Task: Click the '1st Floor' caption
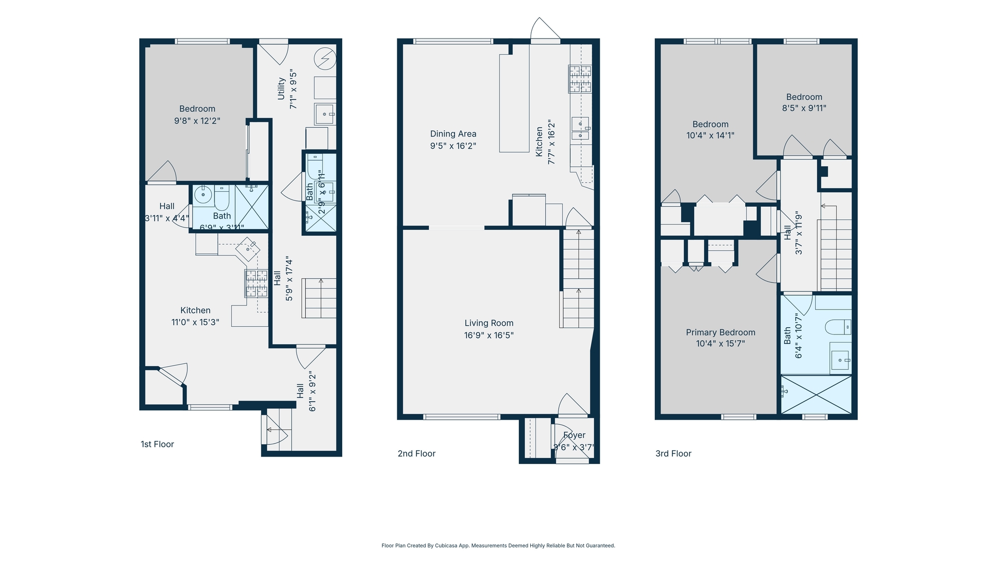[157, 444]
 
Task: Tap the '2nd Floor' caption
[416, 453]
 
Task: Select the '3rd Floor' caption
[673, 453]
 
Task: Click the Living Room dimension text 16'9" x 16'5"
[489, 335]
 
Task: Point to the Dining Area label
[453, 133]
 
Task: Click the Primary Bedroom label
[720, 332]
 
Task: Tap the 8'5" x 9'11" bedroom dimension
[804, 108]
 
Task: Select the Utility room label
[281, 88]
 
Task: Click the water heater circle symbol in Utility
[326, 59]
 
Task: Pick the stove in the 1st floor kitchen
[256, 283]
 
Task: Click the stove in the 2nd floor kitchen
[580, 79]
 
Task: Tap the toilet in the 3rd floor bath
[838, 327]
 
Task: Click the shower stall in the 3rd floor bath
[816, 395]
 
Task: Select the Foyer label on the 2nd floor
[574, 435]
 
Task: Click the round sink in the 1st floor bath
[203, 195]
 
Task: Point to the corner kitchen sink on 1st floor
[248, 249]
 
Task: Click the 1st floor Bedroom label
[197, 109]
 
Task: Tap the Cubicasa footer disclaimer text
[498, 545]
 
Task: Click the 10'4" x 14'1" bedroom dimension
[710, 136]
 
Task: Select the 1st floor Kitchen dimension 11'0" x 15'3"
[195, 322]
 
